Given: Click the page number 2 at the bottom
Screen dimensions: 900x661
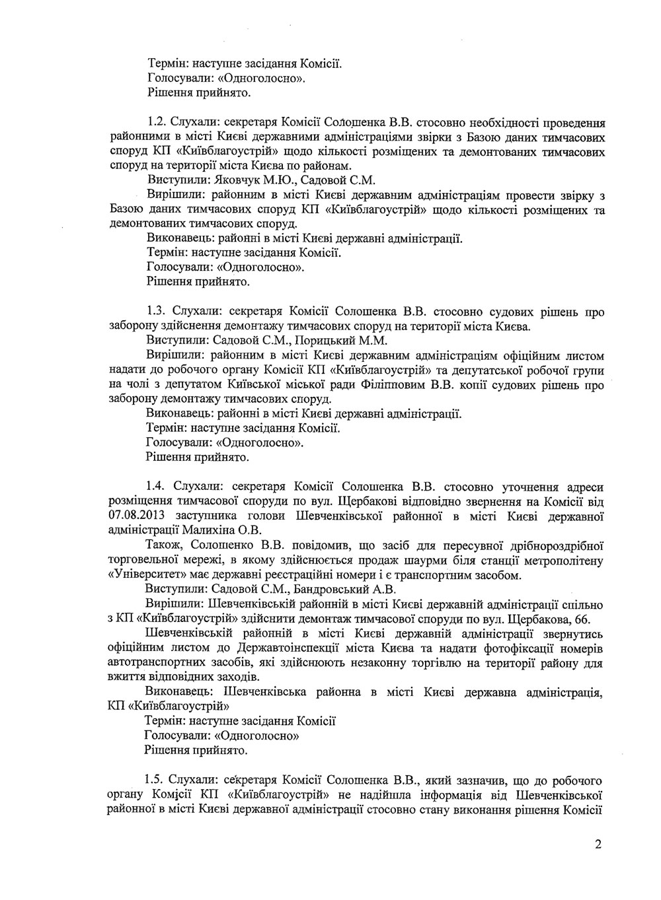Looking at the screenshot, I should [598, 844].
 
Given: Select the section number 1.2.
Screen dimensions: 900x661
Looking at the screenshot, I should [156, 122].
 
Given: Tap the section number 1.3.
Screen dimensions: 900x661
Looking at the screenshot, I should [156, 311].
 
